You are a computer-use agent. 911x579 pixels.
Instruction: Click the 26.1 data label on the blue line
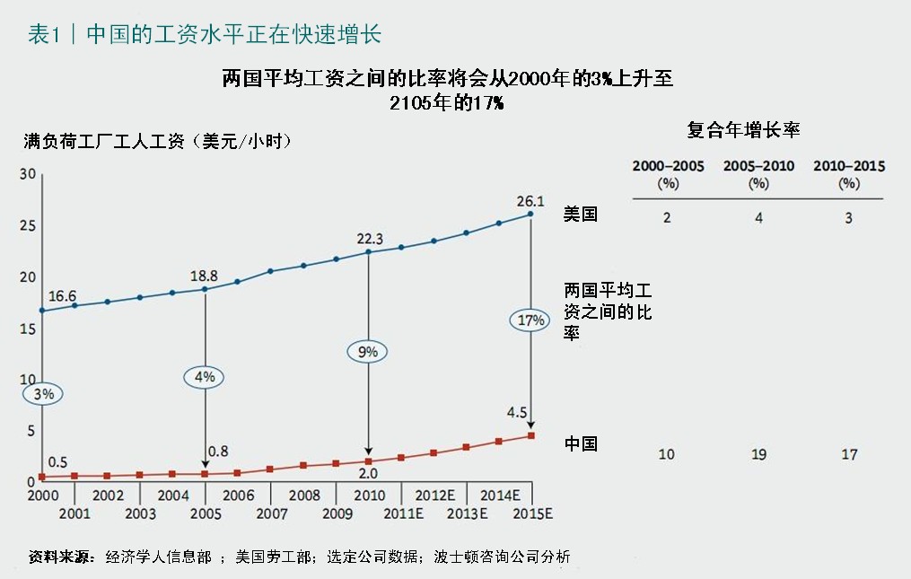530,199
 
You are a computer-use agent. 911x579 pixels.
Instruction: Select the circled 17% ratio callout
530,320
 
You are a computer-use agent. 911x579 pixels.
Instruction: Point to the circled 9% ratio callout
368,352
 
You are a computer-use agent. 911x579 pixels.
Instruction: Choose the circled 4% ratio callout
205,377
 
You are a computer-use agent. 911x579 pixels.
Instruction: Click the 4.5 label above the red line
518,414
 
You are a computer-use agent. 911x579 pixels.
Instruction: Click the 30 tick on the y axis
27,173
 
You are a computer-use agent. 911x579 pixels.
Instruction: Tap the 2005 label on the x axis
206,513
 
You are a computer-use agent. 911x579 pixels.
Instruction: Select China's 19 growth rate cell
758,454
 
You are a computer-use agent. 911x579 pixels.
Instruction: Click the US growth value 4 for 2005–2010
758,218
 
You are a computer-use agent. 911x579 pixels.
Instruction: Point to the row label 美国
580,215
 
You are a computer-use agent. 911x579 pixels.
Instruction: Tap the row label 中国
581,443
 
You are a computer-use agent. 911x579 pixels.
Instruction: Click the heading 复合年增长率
743,130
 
